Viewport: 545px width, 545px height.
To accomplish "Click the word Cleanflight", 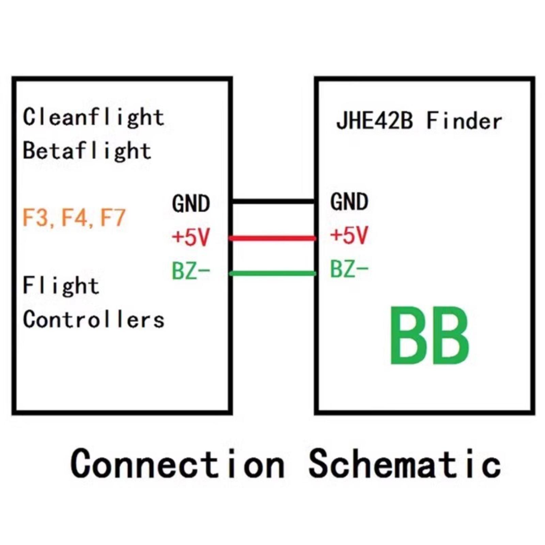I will coord(93,117).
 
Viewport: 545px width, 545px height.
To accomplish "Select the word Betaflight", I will coord(87,151).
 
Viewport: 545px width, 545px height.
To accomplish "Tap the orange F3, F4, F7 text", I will coord(74,218).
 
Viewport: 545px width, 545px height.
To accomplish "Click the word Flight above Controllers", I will coord(61,285).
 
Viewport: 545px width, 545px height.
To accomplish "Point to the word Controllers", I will coord(93,320).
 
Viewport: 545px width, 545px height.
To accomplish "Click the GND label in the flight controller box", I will coord(191,204).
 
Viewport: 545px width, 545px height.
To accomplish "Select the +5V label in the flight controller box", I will coord(191,237).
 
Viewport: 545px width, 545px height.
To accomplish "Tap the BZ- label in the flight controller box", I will coord(191,271).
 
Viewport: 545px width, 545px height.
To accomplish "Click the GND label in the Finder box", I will coord(349,202).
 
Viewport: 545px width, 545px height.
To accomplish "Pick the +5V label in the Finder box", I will coord(349,235).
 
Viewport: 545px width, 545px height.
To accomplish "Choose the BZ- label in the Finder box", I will coord(349,269).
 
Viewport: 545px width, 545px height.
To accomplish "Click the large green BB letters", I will coord(429,336).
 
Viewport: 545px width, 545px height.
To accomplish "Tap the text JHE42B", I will coord(374,121).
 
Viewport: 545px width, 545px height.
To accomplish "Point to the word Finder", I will coord(464,121).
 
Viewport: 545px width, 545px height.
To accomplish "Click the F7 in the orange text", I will coord(113,218).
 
